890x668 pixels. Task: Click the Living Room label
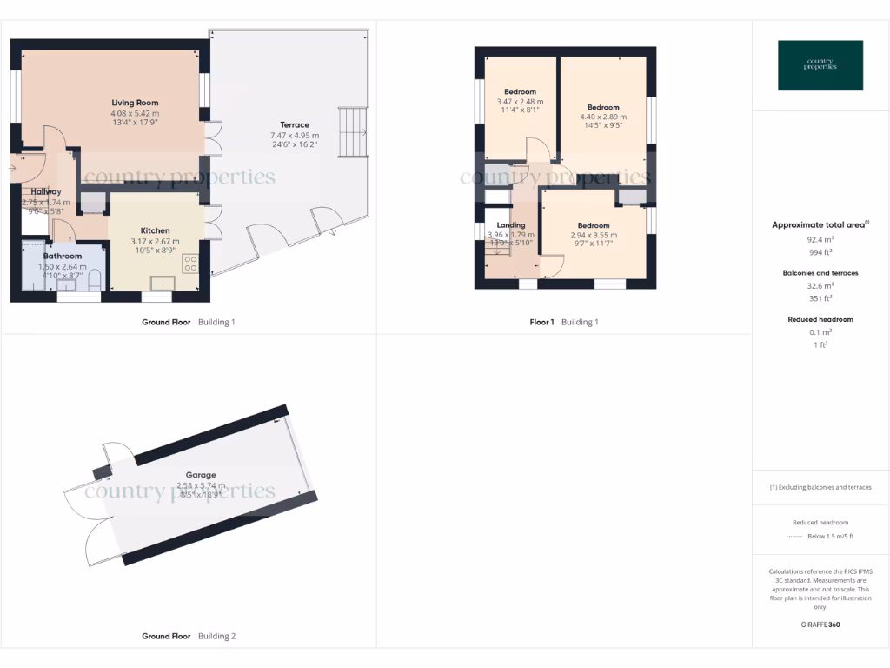[135, 103]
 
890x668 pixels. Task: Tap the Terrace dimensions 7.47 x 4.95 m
[295, 135]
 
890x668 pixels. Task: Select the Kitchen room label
[156, 230]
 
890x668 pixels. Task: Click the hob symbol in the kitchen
[190, 264]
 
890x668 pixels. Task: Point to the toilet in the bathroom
[96, 279]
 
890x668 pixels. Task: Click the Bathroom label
[63, 257]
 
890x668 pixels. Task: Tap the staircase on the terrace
[351, 132]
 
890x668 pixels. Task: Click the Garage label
[201, 475]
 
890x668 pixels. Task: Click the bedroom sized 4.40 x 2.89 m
[603, 108]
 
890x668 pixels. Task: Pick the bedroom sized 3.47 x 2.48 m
[520, 91]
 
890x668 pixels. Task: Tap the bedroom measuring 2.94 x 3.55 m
[594, 225]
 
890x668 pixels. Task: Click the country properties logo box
[820, 65]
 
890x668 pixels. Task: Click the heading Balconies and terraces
[820, 273]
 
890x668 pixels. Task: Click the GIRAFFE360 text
[820, 625]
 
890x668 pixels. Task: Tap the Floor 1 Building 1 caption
[564, 323]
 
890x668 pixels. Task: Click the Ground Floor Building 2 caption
[189, 637]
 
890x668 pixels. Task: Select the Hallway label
[45, 191]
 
